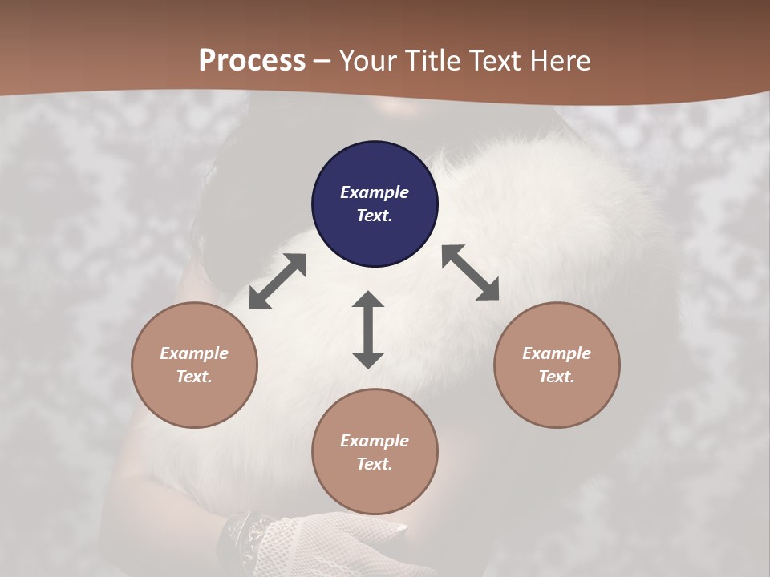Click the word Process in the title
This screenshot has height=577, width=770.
252,61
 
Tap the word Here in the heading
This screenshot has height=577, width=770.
558,61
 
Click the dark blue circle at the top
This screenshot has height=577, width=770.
375,204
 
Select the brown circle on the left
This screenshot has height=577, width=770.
194,365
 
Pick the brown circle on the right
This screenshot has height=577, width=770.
557,365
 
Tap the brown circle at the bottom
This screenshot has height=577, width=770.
375,451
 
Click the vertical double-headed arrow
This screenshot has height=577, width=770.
368,329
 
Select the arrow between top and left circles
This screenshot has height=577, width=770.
278,281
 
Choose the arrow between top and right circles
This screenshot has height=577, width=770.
470,272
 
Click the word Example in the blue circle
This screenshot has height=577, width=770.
375,192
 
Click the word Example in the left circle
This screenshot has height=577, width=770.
194,353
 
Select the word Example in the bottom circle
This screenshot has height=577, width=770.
375,441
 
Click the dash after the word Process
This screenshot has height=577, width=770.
322,61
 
